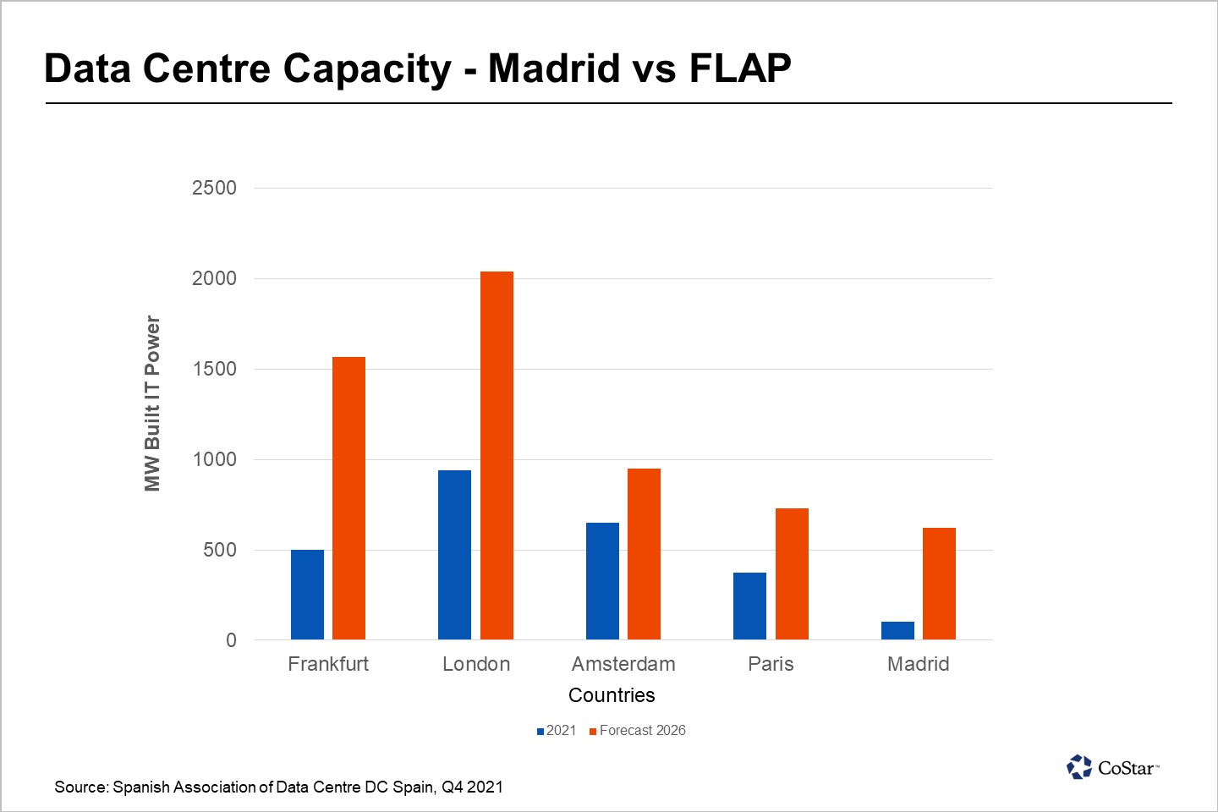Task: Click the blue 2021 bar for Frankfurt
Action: (x=307, y=595)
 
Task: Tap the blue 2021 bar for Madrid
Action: (x=897, y=630)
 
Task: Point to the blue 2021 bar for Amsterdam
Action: (x=602, y=581)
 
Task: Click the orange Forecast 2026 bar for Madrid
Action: (x=939, y=584)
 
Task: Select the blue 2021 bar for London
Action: (x=454, y=555)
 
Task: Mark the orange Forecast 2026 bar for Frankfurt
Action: (x=348, y=498)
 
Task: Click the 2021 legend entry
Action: (x=556, y=731)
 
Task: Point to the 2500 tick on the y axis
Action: (x=214, y=188)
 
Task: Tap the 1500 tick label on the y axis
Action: (x=214, y=369)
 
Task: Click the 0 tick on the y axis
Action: (x=231, y=640)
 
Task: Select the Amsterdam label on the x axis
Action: (x=623, y=664)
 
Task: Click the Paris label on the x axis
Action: (x=771, y=664)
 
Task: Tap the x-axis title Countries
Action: (x=612, y=695)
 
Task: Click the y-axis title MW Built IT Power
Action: (x=152, y=403)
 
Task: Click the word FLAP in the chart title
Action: (x=740, y=69)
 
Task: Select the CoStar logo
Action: (x=1112, y=767)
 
